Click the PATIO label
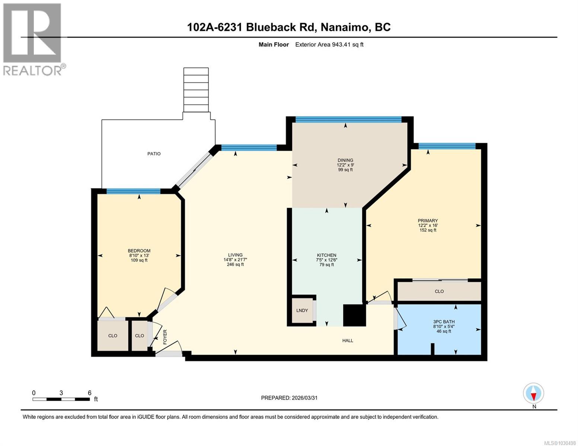click(x=154, y=153)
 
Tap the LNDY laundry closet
click(x=302, y=310)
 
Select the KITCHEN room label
click(x=326, y=255)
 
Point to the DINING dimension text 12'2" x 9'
click(x=345, y=165)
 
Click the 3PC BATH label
click(x=444, y=322)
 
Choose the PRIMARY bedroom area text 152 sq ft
click(x=428, y=230)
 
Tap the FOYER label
click(x=165, y=337)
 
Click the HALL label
click(x=348, y=340)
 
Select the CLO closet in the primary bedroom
click(x=439, y=291)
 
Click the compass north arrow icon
click(x=533, y=393)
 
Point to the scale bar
click(x=61, y=399)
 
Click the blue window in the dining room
click(x=348, y=119)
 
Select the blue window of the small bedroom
click(x=133, y=191)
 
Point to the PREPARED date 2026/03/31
click(x=289, y=398)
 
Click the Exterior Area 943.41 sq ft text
click(x=329, y=45)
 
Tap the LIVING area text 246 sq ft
click(x=235, y=265)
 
